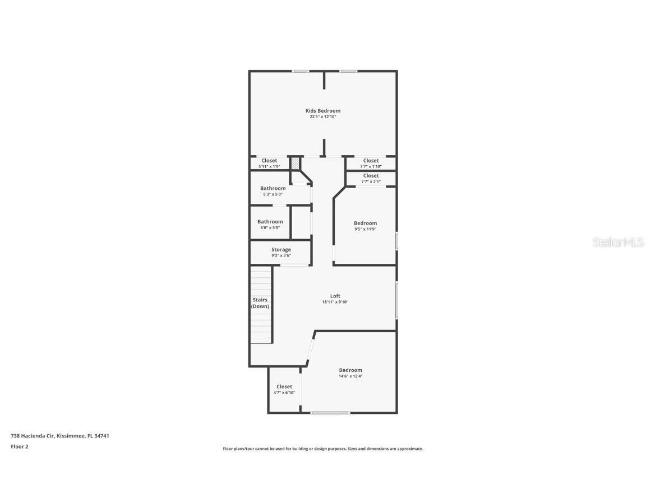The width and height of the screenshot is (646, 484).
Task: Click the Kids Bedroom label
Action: (x=322, y=111)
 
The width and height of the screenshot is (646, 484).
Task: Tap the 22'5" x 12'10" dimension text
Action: (x=322, y=117)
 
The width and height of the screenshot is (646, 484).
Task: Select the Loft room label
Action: (x=335, y=296)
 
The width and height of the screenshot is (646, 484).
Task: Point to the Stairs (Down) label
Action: (x=260, y=303)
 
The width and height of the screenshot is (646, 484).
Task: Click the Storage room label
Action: (x=281, y=249)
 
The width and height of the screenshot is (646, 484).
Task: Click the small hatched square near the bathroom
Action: (x=295, y=163)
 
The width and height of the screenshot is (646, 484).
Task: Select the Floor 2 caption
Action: (x=19, y=446)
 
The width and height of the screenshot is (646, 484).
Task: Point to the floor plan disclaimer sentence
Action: (x=322, y=449)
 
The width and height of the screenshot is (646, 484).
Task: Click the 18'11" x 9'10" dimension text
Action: (x=335, y=302)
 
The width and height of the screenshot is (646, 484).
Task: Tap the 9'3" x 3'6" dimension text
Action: (x=281, y=255)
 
